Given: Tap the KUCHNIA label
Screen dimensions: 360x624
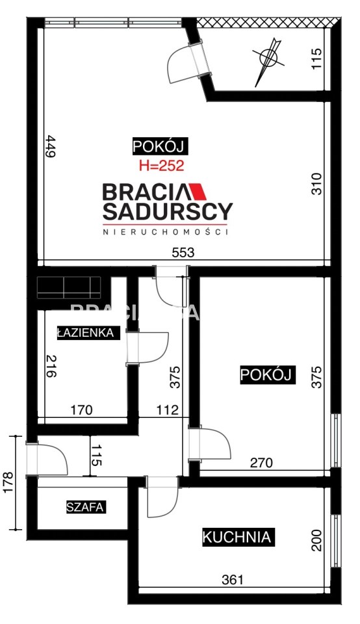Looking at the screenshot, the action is pyautogui.click(x=237, y=537).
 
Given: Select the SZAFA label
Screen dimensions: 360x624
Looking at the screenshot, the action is pyautogui.click(x=85, y=507).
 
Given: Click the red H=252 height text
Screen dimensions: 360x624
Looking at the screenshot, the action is pyautogui.click(x=162, y=165).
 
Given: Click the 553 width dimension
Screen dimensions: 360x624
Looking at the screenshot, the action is pyautogui.click(x=183, y=252).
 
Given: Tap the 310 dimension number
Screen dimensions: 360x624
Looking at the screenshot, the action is pyautogui.click(x=316, y=184).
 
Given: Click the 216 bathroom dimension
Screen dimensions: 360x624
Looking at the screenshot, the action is pyautogui.click(x=51, y=366).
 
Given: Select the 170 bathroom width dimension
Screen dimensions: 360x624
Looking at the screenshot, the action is pyautogui.click(x=81, y=410).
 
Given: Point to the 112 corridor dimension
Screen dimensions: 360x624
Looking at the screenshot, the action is pyautogui.click(x=168, y=410).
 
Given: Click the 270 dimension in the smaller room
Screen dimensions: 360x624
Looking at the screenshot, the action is pyautogui.click(x=261, y=462).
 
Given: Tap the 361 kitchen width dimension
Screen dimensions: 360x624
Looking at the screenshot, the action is pyautogui.click(x=232, y=579).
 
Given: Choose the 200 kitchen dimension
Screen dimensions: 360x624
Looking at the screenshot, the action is pyautogui.click(x=316, y=540).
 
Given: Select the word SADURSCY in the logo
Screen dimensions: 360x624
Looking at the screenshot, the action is pyautogui.click(x=168, y=212).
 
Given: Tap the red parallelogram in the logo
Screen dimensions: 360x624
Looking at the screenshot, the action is pyautogui.click(x=196, y=192).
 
